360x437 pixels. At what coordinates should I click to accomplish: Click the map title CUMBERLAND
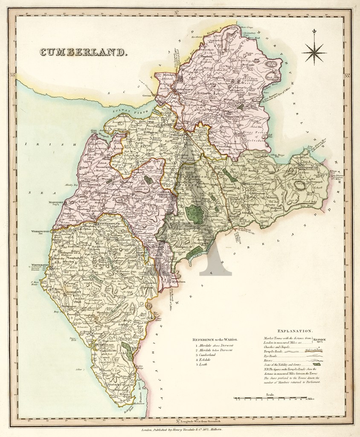pyautogui.click(x=84, y=52)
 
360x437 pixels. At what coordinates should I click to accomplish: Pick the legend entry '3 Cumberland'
pyautogui.click(x=208, y=355)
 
